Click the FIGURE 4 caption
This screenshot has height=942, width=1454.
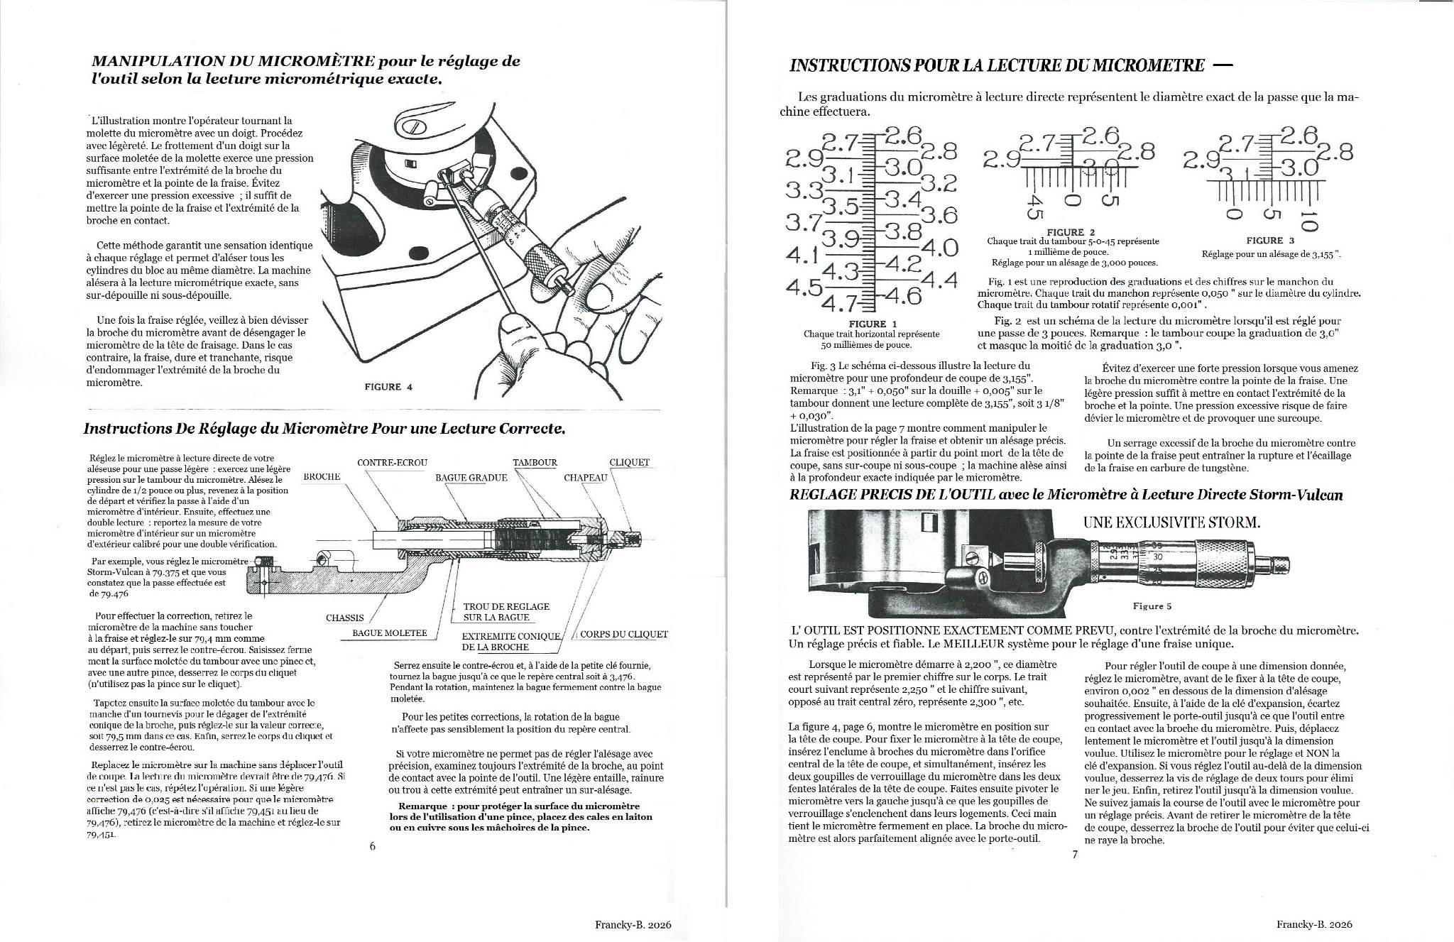[388, 387]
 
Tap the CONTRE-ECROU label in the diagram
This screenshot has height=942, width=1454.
[392, 463]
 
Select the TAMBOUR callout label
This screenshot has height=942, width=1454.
[535, 463]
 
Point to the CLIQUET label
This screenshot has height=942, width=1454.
[629, 463]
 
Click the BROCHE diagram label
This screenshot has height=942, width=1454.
[322, 476]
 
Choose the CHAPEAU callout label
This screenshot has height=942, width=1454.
[586, 478]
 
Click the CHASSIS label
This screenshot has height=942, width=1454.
[344, 618]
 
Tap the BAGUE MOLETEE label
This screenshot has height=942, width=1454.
[389, 633]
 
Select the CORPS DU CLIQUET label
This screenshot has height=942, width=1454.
[624, 634]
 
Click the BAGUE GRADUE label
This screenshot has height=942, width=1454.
[471, 478]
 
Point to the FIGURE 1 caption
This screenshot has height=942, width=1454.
[873, 324]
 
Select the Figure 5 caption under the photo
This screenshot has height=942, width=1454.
[1152, 606]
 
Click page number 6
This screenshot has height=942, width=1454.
[372, 846]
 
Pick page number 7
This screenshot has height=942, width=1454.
[1075, 854]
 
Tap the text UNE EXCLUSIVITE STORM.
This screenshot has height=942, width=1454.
[1171, 523]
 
